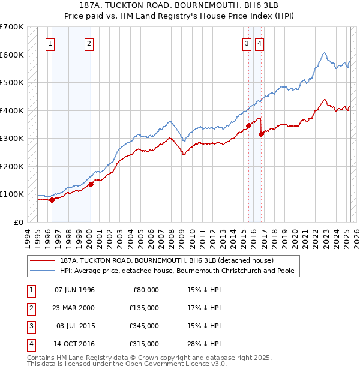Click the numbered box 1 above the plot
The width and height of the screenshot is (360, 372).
[50, 43]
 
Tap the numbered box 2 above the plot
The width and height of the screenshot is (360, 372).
[89, 43]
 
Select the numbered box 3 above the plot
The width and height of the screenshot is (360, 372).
[247, 43]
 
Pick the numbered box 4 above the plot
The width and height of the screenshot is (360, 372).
[259, 43]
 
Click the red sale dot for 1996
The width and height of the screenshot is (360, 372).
[52, 200]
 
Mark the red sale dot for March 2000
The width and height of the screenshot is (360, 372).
[91, 185]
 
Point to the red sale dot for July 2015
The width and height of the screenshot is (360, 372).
[248, 126]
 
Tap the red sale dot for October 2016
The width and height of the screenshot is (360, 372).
[261, 134]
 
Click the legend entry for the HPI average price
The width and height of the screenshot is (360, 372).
[177, 271]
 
